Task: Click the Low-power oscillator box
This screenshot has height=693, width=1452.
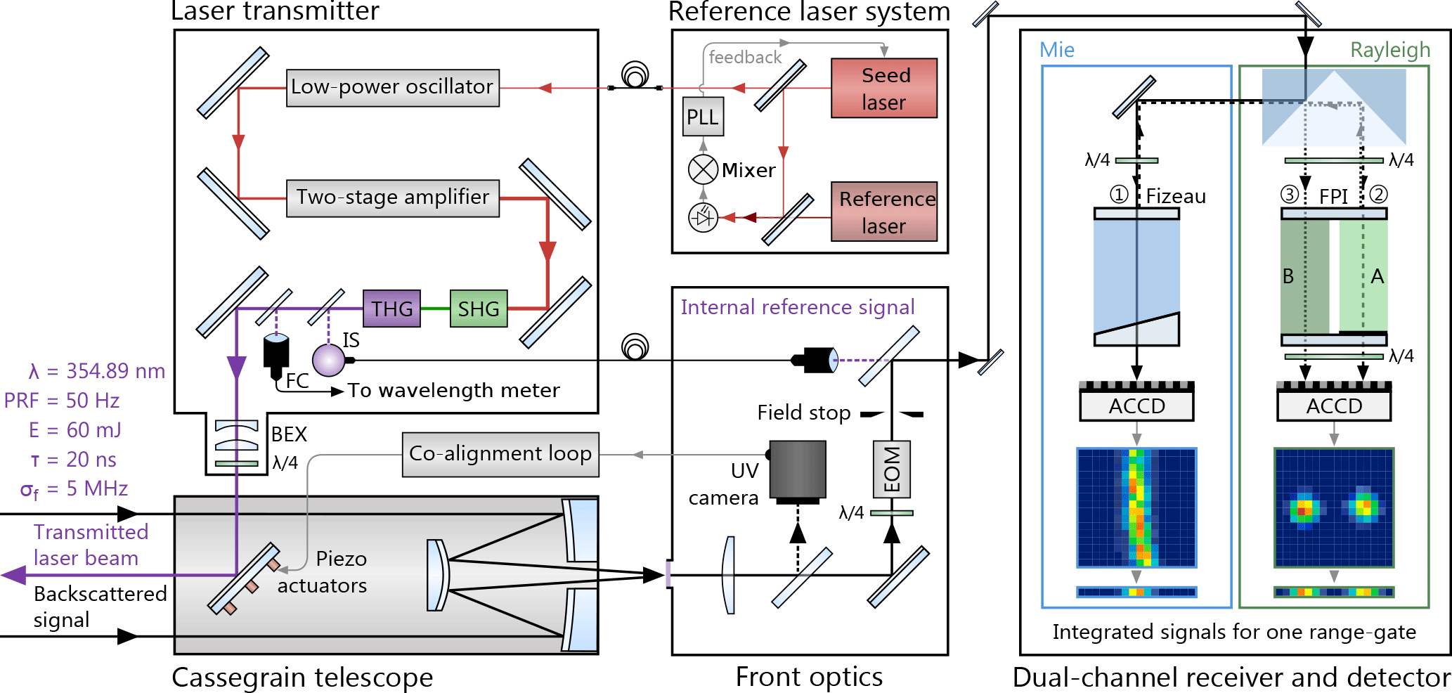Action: coord(392,88)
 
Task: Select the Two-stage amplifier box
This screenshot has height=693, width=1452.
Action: coord(392,198)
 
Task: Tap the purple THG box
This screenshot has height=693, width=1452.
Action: coord(391,309)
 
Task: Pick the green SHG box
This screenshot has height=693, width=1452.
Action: coord(478,309)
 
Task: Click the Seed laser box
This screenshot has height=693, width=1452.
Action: coord(884,89)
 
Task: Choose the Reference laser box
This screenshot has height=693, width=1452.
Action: coord(884,212)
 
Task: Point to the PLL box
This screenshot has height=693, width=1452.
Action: coord(703,117)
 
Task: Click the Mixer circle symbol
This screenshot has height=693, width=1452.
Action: coord(703,169)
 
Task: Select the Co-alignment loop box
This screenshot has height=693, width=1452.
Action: coord(500,454)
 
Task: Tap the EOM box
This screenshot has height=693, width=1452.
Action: coord(892,469)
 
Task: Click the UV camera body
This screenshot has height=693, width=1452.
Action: coord(798,469)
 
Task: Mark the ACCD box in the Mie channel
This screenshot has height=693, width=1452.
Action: coord(1136,406)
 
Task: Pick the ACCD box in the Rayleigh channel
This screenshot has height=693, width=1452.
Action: coord(1334,406)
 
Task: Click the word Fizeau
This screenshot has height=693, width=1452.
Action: coord(1176,196)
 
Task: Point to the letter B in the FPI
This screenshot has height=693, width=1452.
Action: coord(1288,276)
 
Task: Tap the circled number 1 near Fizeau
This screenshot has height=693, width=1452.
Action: coord(1119,194)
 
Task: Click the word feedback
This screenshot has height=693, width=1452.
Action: coord(745,58)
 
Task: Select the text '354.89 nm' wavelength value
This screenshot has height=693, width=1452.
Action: coord(115,371)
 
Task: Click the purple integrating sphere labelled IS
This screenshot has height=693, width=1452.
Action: coord(328,360)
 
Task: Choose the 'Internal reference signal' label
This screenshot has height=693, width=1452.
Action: coord(798,307)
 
